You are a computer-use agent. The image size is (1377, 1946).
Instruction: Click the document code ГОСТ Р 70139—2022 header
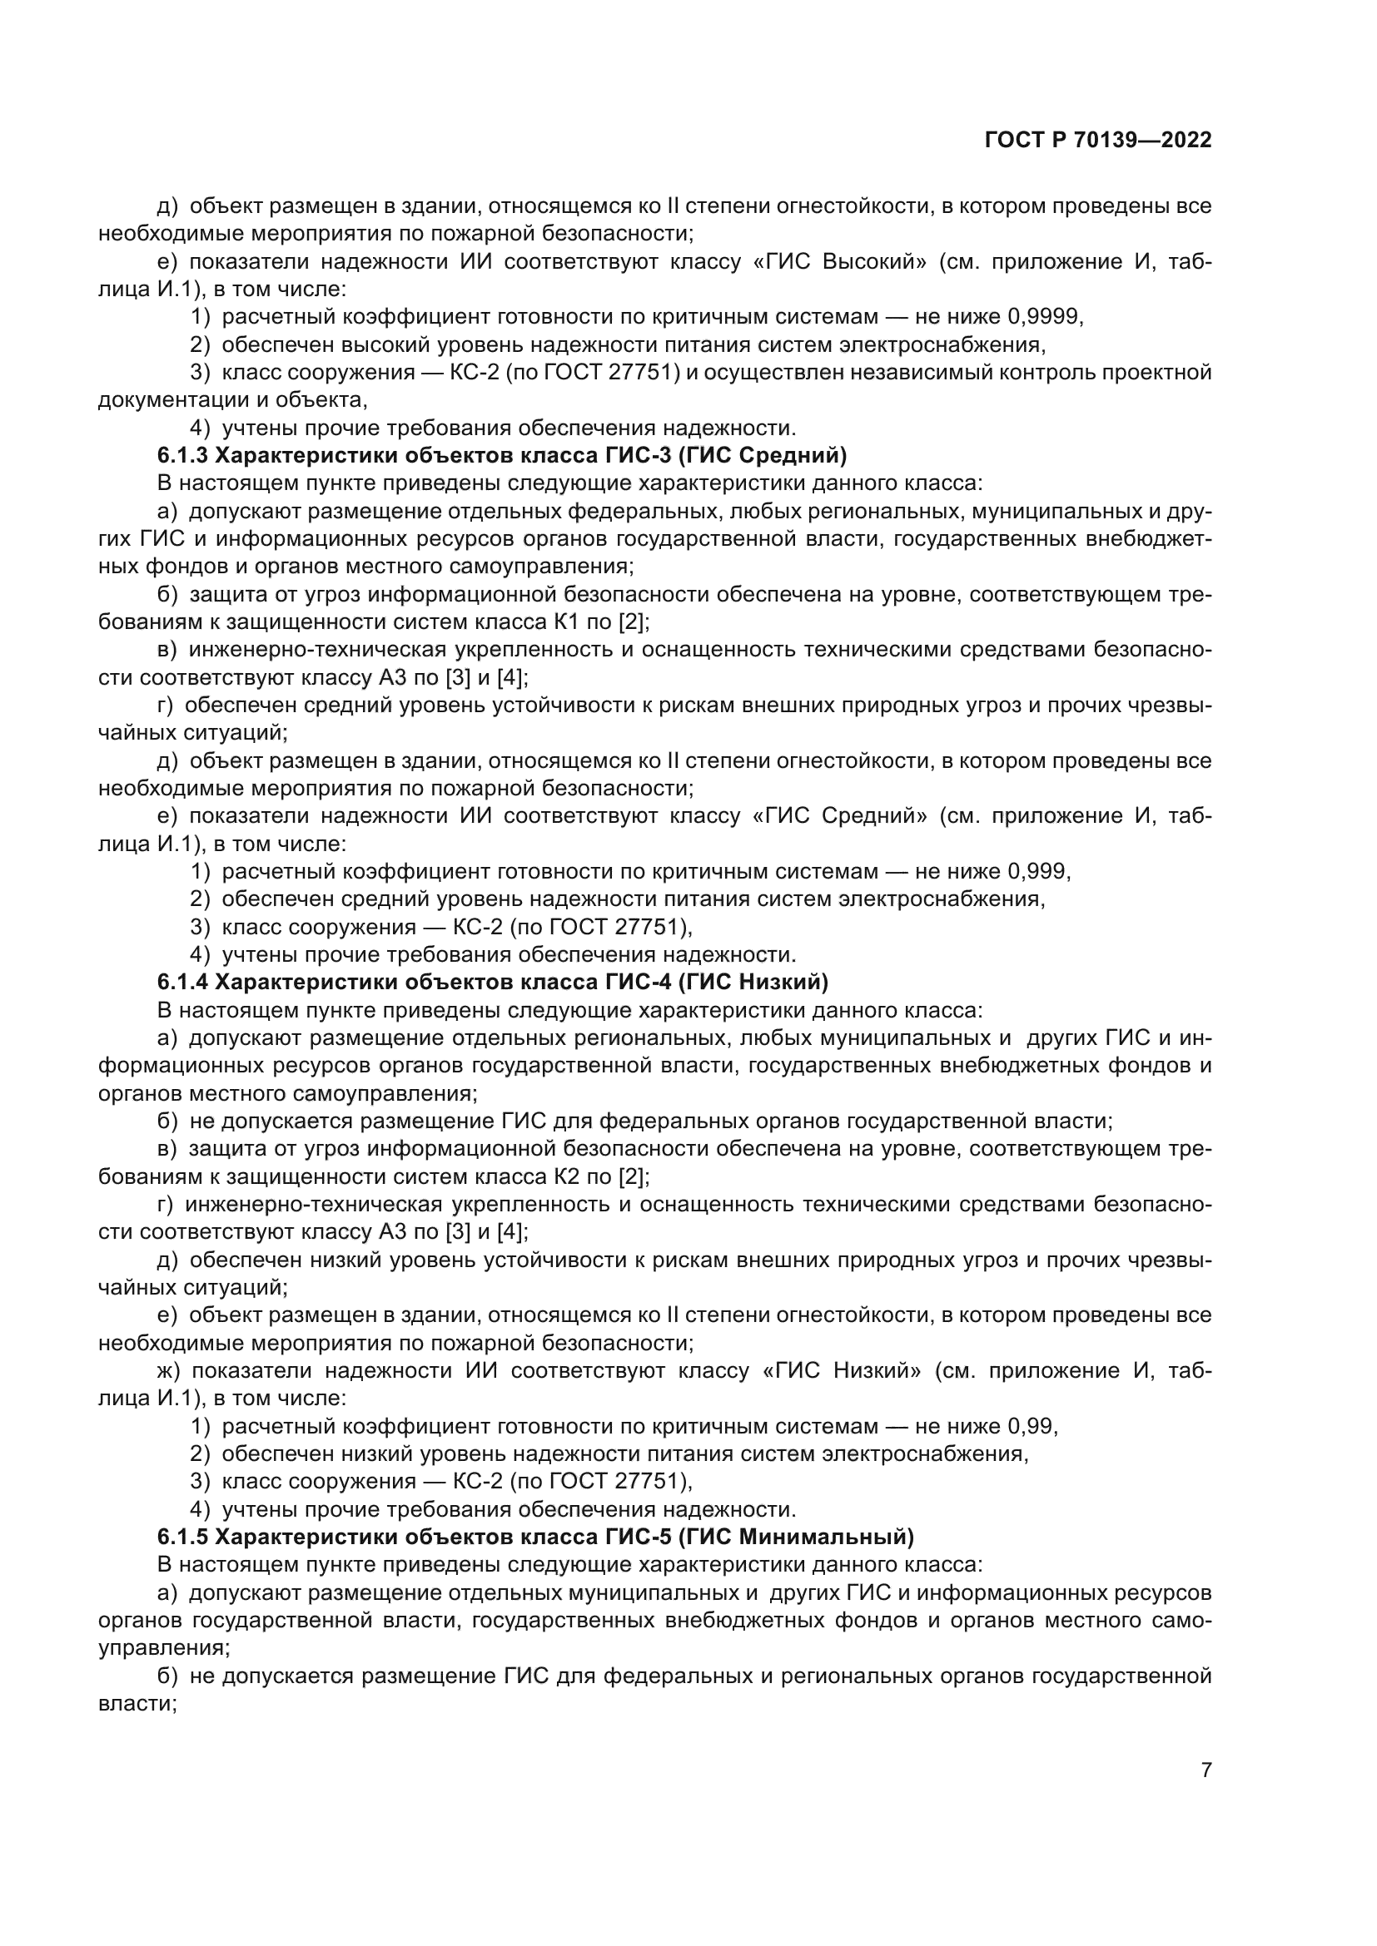pyautogui.click(x=1098, y=141)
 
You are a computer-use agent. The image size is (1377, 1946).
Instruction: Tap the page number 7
pyautogui.click(x=1205, y=1770)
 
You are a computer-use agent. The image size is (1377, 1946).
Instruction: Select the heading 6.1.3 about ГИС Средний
pyautogui.click(x=502, y=456)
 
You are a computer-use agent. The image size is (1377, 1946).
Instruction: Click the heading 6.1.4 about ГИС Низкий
pyautogui.click(x=493, y=983)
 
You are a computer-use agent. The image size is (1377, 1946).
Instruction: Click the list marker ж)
pyautogui.click(x=171, y=1371)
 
